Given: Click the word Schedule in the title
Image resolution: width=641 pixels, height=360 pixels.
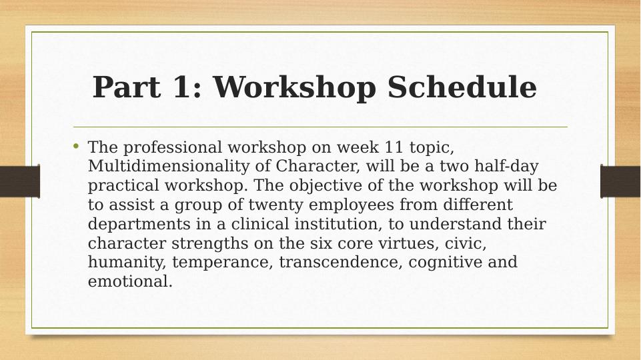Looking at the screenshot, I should pyautogui.click(x=462, y=87).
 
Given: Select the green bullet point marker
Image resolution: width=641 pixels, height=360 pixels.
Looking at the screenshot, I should pyautogui.click(x=77, y=146).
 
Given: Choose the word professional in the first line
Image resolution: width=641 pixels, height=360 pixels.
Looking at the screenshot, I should pyautogui.click(x=173, y=147).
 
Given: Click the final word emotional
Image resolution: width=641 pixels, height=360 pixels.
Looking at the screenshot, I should pyautogui.click(x=129, y=281).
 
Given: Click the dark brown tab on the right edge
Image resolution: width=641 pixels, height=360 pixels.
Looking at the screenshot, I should pyautogui.click(x=620, y=181).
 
